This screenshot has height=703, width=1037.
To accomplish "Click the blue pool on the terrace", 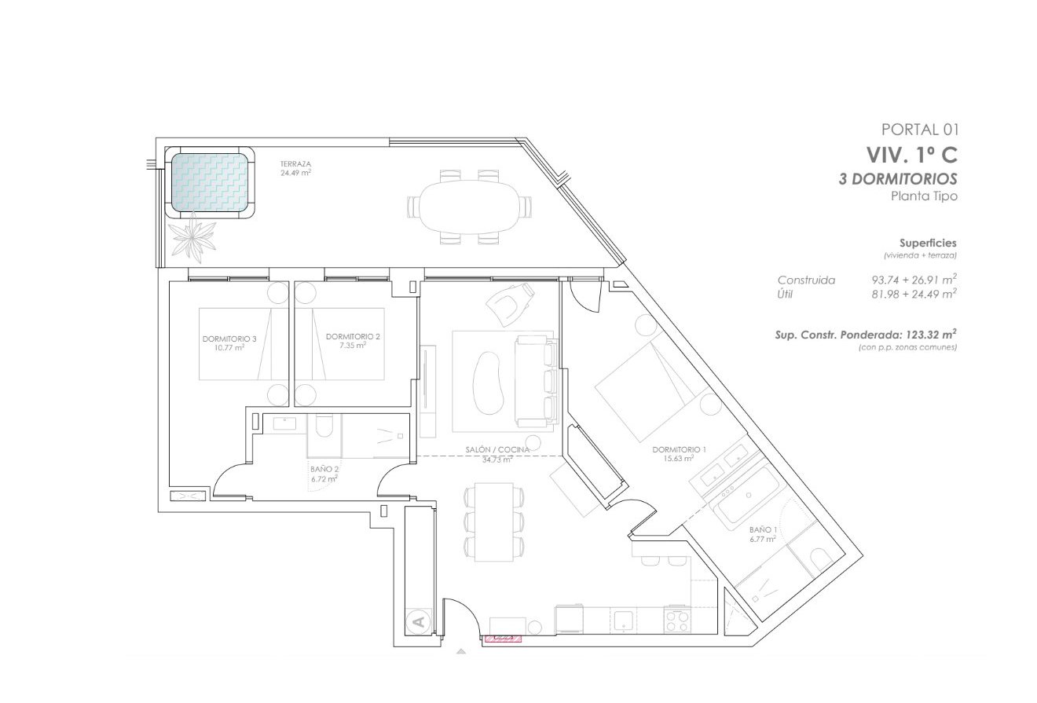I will (210, 182).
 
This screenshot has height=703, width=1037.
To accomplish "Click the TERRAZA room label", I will (295, 168).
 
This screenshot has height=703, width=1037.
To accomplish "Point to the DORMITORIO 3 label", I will (224, 342).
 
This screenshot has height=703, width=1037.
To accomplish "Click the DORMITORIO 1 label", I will (680, 453).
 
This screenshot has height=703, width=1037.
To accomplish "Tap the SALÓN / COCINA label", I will (497, 454).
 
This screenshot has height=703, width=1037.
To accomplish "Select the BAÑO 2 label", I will (324, 473).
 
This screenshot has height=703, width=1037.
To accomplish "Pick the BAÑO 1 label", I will (763, 535).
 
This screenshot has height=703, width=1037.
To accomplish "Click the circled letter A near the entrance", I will (418, 622).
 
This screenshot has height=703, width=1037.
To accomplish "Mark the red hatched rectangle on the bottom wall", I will (503, 639).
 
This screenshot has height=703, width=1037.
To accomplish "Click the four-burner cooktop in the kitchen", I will (676, 621).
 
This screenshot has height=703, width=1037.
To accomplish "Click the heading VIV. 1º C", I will (911, 154).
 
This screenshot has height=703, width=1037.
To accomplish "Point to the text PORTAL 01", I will (920, 130).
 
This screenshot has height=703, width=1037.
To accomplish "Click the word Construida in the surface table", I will (806, 280).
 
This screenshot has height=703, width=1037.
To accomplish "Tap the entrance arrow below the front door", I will (460, 650).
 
